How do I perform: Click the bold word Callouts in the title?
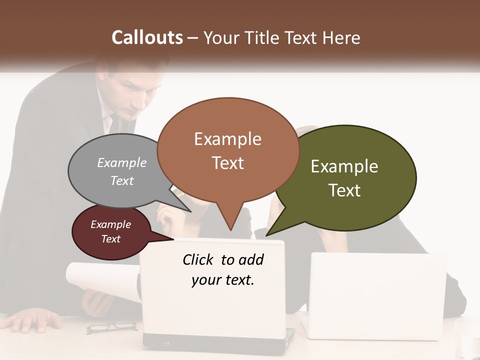pos(147,37)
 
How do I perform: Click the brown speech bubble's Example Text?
pos(228,150)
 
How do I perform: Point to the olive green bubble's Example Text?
pos(344,178)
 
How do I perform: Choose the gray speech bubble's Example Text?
pos(122,171)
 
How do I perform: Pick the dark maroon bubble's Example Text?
pos(111,231)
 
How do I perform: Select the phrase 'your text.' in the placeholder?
pos(223,280)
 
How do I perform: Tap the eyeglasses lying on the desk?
pos(111,327)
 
